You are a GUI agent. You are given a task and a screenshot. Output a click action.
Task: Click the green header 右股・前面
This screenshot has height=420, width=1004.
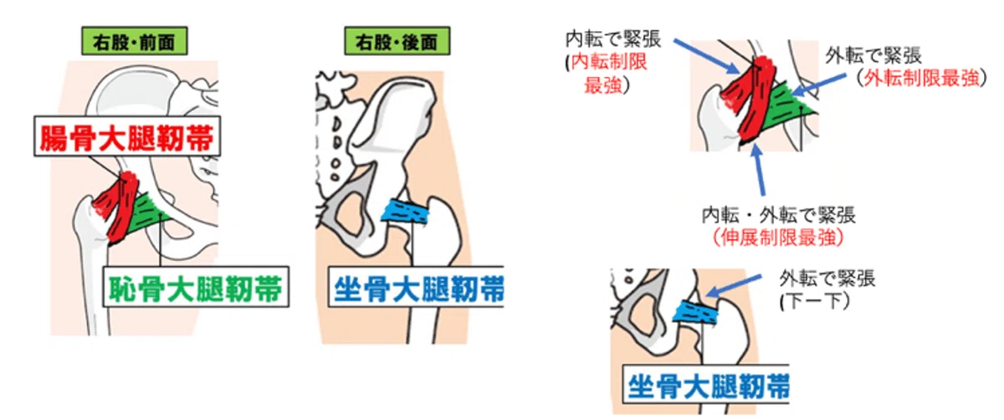click(x=135, y=41)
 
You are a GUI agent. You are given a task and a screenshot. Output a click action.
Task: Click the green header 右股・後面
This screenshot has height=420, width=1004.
click(x=397, y=41)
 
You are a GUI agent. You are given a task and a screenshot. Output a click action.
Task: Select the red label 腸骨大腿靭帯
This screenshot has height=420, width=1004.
click(x=127, y=136)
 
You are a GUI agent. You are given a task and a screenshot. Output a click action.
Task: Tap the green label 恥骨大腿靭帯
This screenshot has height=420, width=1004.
click(x=196, y=287)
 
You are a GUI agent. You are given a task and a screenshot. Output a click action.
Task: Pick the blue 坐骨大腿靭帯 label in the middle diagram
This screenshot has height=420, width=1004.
click(x=417, y=287)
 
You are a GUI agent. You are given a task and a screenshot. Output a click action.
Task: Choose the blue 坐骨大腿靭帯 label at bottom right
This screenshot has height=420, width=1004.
click(x=707, y=385)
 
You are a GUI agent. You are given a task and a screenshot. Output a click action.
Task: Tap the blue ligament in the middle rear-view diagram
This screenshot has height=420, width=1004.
click(x=406, y=211)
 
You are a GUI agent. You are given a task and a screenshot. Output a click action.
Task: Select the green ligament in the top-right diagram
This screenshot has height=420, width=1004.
click(x=786, y=107)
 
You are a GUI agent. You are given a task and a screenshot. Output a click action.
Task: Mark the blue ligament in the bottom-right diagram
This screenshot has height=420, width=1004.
click(x=695, y=312)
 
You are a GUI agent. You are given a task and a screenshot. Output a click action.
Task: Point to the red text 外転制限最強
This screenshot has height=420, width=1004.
click(x=922, y=79)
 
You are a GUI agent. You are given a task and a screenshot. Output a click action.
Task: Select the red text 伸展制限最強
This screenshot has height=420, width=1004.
click(x=778, y=238)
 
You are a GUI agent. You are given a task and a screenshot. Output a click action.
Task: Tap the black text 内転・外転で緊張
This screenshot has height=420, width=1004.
click(x=779, y=216)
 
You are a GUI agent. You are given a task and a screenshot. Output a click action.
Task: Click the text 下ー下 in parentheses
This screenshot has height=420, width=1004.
click(x=814, y=301)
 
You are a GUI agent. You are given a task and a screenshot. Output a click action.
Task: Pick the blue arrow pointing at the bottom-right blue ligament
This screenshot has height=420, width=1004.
click(x=733, y=286)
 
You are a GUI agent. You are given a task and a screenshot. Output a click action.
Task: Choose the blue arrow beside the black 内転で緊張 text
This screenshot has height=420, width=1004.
click(x=706, y=56)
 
